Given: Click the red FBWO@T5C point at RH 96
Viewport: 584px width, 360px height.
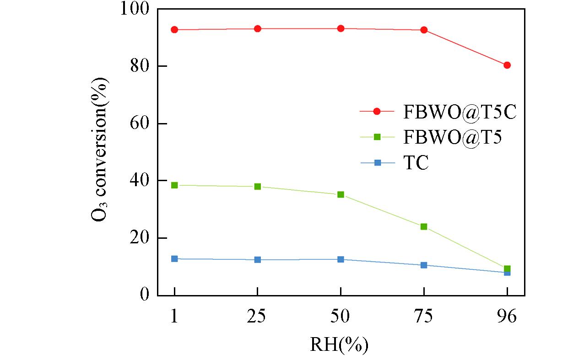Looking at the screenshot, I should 507,65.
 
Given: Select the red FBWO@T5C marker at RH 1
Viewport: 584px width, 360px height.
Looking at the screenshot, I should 174,30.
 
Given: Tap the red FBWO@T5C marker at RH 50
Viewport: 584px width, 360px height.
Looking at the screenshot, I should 341,28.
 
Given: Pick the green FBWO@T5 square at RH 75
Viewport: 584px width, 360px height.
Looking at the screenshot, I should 424,227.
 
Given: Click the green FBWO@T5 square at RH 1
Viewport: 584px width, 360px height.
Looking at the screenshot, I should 174,185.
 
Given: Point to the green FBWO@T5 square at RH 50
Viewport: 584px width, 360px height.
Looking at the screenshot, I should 341,195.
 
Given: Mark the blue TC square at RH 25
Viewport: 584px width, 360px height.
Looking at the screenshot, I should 258,260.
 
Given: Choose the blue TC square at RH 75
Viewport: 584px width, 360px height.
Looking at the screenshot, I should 424,265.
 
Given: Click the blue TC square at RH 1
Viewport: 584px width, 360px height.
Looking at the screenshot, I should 174,259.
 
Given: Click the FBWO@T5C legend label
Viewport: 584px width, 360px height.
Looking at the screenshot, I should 460,112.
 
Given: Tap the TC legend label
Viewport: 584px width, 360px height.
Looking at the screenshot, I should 416,163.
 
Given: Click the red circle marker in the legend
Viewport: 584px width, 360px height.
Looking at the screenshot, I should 377,112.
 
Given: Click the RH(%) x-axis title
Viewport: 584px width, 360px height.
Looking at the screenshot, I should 339,344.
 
